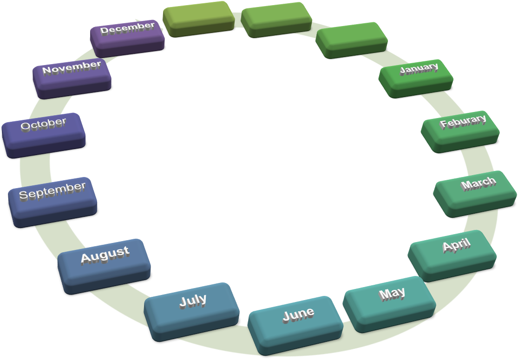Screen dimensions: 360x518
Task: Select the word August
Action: point(105,255)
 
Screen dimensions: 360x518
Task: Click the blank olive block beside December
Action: point(199,17)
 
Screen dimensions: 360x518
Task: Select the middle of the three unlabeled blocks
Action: point(276,18)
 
